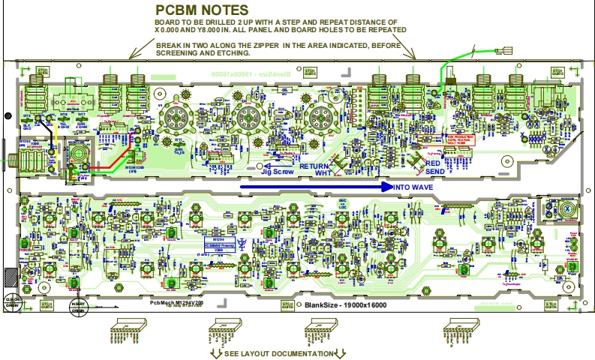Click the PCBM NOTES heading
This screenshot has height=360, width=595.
(202, 10)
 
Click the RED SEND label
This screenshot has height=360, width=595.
(434, 167)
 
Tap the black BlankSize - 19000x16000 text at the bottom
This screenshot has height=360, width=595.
(344, 304)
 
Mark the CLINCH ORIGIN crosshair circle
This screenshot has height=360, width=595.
(11, 301)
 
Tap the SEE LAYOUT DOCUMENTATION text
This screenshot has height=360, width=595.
(278, 353)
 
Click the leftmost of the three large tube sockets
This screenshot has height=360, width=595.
(178, 117)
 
